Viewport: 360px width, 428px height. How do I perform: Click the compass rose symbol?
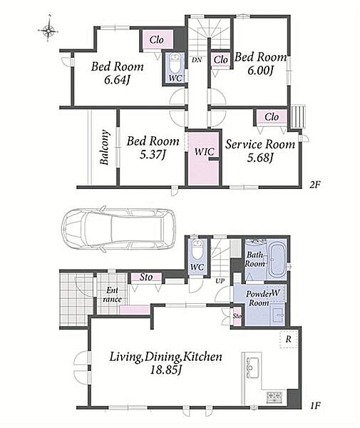[48, 30]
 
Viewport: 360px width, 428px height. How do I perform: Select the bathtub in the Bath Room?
[277, 260]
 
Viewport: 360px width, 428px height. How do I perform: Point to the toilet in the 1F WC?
[197, 249]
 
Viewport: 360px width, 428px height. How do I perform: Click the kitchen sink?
[252, 367]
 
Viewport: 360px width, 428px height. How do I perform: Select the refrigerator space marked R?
[288, 340]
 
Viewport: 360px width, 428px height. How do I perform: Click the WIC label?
[204, 151]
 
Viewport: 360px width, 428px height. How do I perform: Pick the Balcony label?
[105, 148]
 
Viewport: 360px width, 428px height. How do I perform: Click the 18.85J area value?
[166, 370]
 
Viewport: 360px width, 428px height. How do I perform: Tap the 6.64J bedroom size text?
[116, 80]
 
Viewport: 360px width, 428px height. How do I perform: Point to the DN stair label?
[197, 60]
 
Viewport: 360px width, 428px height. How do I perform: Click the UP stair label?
[220, 281]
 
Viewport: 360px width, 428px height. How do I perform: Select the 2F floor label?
[314, 185]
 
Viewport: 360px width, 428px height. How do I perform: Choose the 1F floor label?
[315, 406]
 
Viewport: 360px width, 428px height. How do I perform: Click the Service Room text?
[260, 144]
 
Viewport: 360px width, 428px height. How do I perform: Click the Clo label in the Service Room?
[272, 117]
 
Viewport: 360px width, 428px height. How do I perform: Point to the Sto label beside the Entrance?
[146, 277]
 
